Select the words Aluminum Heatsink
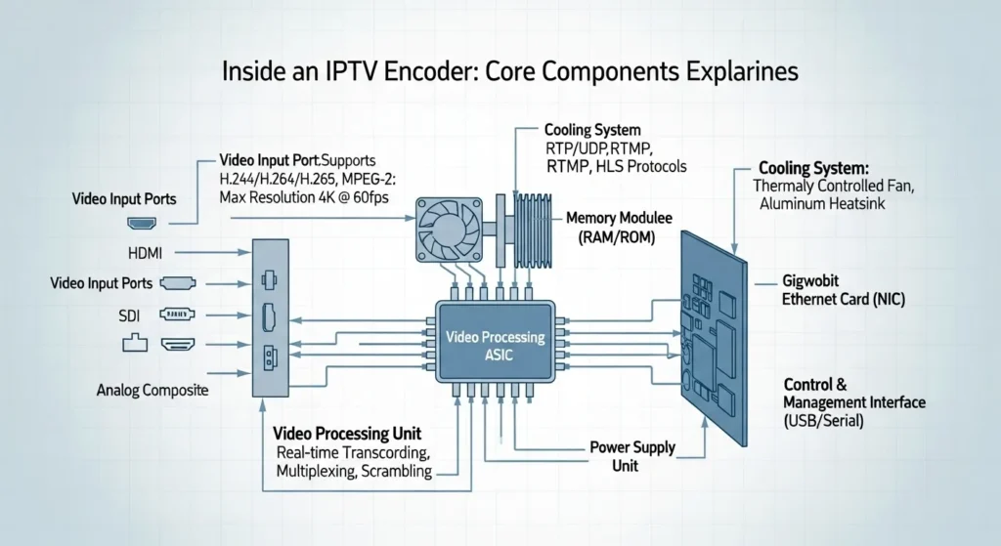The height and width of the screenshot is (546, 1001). tap(818, 202)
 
